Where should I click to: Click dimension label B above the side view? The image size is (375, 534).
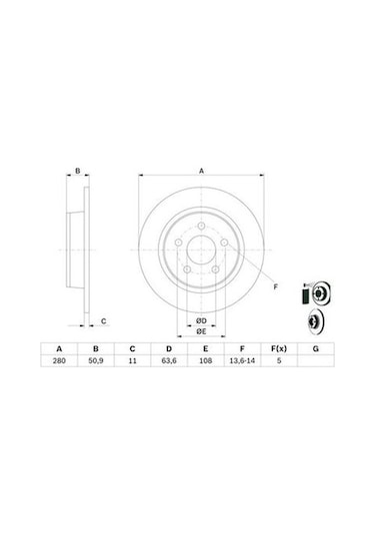77,173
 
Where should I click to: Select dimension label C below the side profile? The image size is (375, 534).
103,321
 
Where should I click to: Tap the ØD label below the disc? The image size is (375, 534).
200,318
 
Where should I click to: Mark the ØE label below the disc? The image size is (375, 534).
200,330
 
